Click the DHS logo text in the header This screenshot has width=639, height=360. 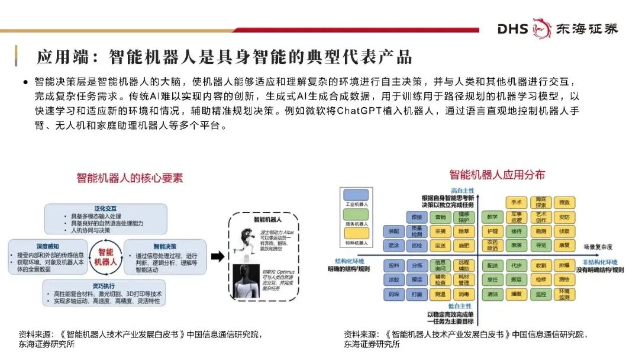point(512,28)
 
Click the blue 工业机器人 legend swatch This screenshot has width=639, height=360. point(356,194)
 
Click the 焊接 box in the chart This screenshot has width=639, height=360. point(417,217)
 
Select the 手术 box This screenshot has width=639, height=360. point(517,202)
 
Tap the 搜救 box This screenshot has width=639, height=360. point(565,202)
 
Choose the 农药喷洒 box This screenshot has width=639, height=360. point(492,245)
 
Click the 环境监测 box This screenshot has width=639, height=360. point(565,294)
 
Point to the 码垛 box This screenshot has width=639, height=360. point(393,294)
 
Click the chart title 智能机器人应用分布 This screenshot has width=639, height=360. point(497,175)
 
